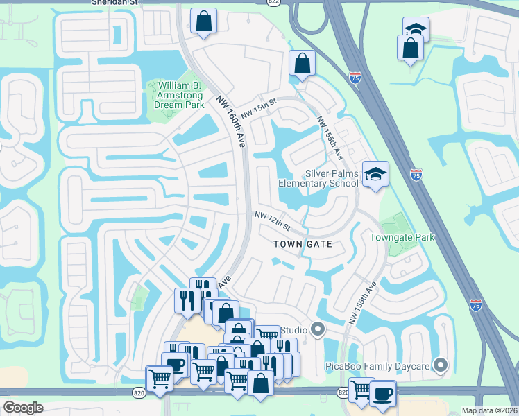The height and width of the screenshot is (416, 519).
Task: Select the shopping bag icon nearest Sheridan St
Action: tap(203, 22)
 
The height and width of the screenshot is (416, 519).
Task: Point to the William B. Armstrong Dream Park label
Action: tap(176, 95)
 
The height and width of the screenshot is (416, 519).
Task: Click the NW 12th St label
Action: tap(271, 222)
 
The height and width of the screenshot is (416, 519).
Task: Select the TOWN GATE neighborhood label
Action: tap(303, 244)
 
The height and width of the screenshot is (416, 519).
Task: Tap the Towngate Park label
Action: tap(402, 237)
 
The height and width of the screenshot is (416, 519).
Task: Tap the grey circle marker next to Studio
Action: tap(318, 329)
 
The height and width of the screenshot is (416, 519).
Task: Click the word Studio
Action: tap(294, 330)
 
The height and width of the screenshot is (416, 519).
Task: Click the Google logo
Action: tap(24, 407)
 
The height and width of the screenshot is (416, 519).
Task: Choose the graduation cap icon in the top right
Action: tap(416, 30)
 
